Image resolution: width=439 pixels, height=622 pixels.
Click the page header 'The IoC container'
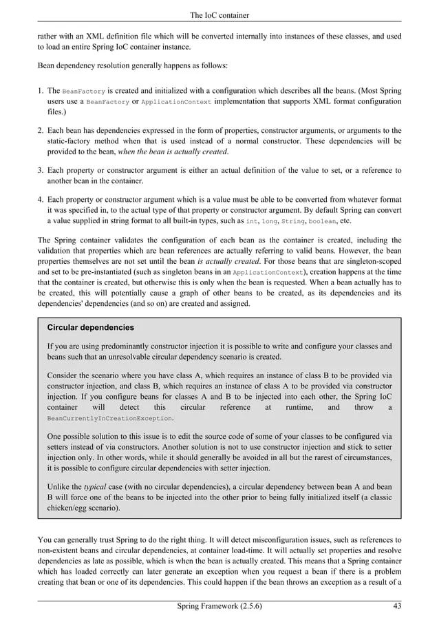[x=219, y=15]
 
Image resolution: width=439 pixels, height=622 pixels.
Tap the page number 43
[x=396, y=606]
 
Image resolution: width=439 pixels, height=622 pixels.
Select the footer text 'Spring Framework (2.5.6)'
[x=219, y=606]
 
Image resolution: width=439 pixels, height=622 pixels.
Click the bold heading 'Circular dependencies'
[x=90, y=327]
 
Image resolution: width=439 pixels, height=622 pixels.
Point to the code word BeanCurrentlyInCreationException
[x=109, y=419]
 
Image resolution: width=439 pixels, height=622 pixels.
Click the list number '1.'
[x=41, y=91]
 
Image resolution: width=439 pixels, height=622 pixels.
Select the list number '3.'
[x=41, y=170]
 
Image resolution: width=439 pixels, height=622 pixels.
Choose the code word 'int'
[x=253, y=222]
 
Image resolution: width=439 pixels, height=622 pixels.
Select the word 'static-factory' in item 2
[x=71, y=141]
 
